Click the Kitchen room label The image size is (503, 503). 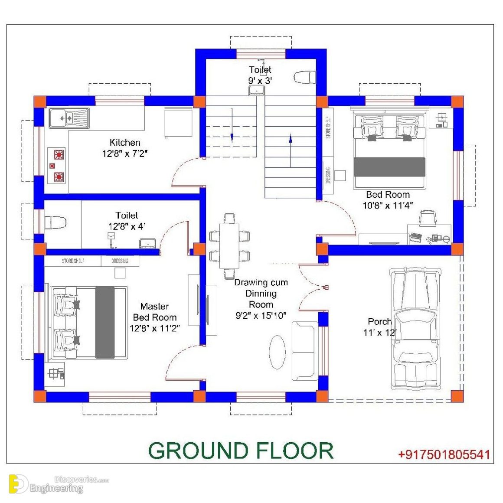[x=125, y=142]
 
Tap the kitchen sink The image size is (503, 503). [x=69, y=118]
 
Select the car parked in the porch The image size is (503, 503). [x=415, y=329]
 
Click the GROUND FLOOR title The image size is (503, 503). [x=241, y=451]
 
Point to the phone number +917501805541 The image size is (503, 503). [x=444, y=454]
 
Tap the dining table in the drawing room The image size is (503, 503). [x=229, y=246]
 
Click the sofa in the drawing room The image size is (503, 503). [x=304, y=350]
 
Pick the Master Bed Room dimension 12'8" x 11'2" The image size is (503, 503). [x=154, y=329]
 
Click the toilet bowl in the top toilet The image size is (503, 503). [x=305, y=77]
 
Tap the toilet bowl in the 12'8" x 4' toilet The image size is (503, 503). [x=55, y=222]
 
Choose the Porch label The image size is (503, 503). [x=380, y=321]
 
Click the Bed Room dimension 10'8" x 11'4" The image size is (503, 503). [x=388, y=206]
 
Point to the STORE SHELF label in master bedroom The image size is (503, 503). [x=73, y=261]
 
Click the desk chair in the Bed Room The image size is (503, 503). [x=428, y=218]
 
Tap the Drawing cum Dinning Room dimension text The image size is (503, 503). [x=261, y=316]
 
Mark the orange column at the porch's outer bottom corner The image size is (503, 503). [x=457, y=396]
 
